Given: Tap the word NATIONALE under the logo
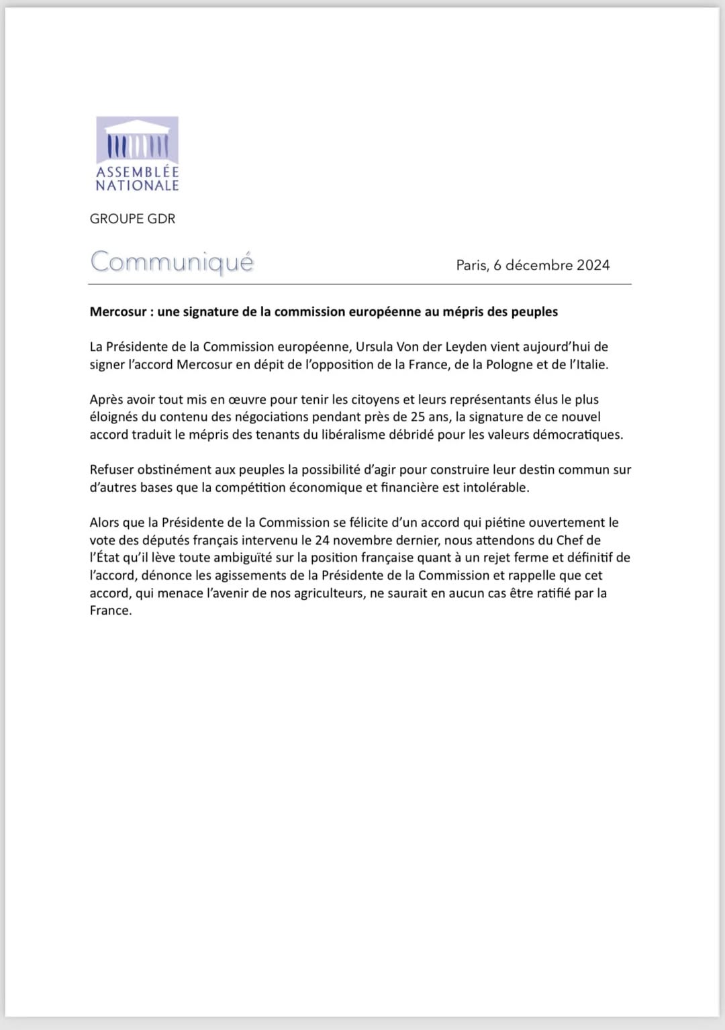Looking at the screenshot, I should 137,186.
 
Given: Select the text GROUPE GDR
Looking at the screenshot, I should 132,219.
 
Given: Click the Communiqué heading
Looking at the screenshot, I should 172,262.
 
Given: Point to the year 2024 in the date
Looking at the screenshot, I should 593,265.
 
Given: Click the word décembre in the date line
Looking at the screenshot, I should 538,265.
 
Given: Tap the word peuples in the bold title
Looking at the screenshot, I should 534,312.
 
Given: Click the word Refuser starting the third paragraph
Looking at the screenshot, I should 113,470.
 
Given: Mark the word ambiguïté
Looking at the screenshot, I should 234,558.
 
